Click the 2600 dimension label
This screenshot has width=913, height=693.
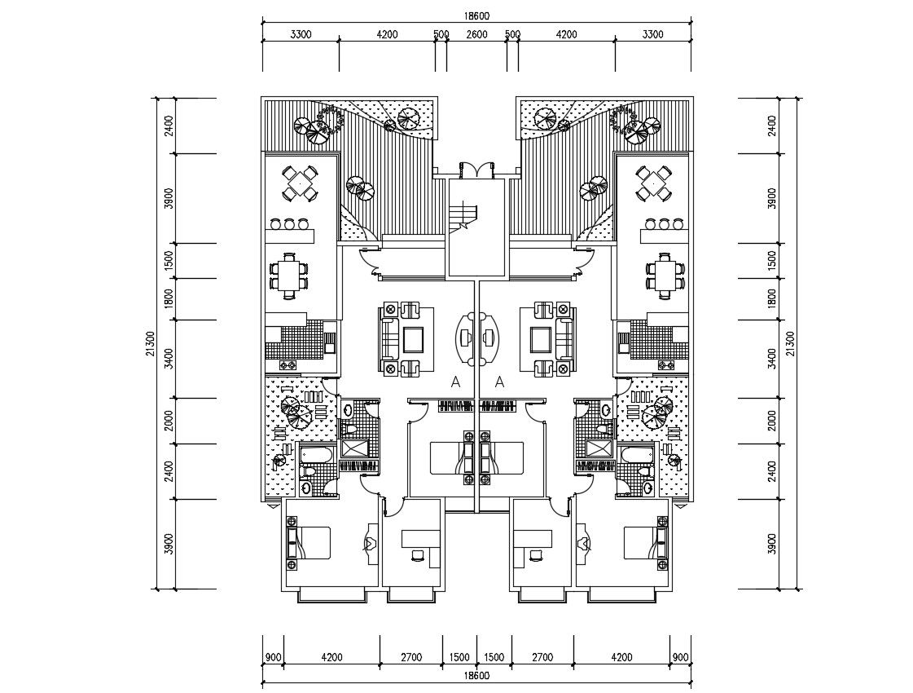(x=476, y=34)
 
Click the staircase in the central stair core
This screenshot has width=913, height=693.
(x=467, y=216)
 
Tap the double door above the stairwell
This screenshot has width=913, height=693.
(x=476, y=169)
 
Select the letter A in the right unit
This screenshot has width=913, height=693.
(x=499, y=382)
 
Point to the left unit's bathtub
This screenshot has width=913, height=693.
(x=317, y=454)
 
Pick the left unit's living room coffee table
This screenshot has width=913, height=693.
(x=412, y=338)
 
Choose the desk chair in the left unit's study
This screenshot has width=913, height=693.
(x=418, y=554)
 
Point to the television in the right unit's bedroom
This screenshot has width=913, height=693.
(x=582, y=542)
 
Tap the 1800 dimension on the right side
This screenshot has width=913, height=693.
(x=771, y=298)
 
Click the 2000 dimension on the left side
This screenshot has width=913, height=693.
(x=168, y=421)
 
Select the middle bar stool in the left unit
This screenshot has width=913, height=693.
(x=288, y=223)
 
